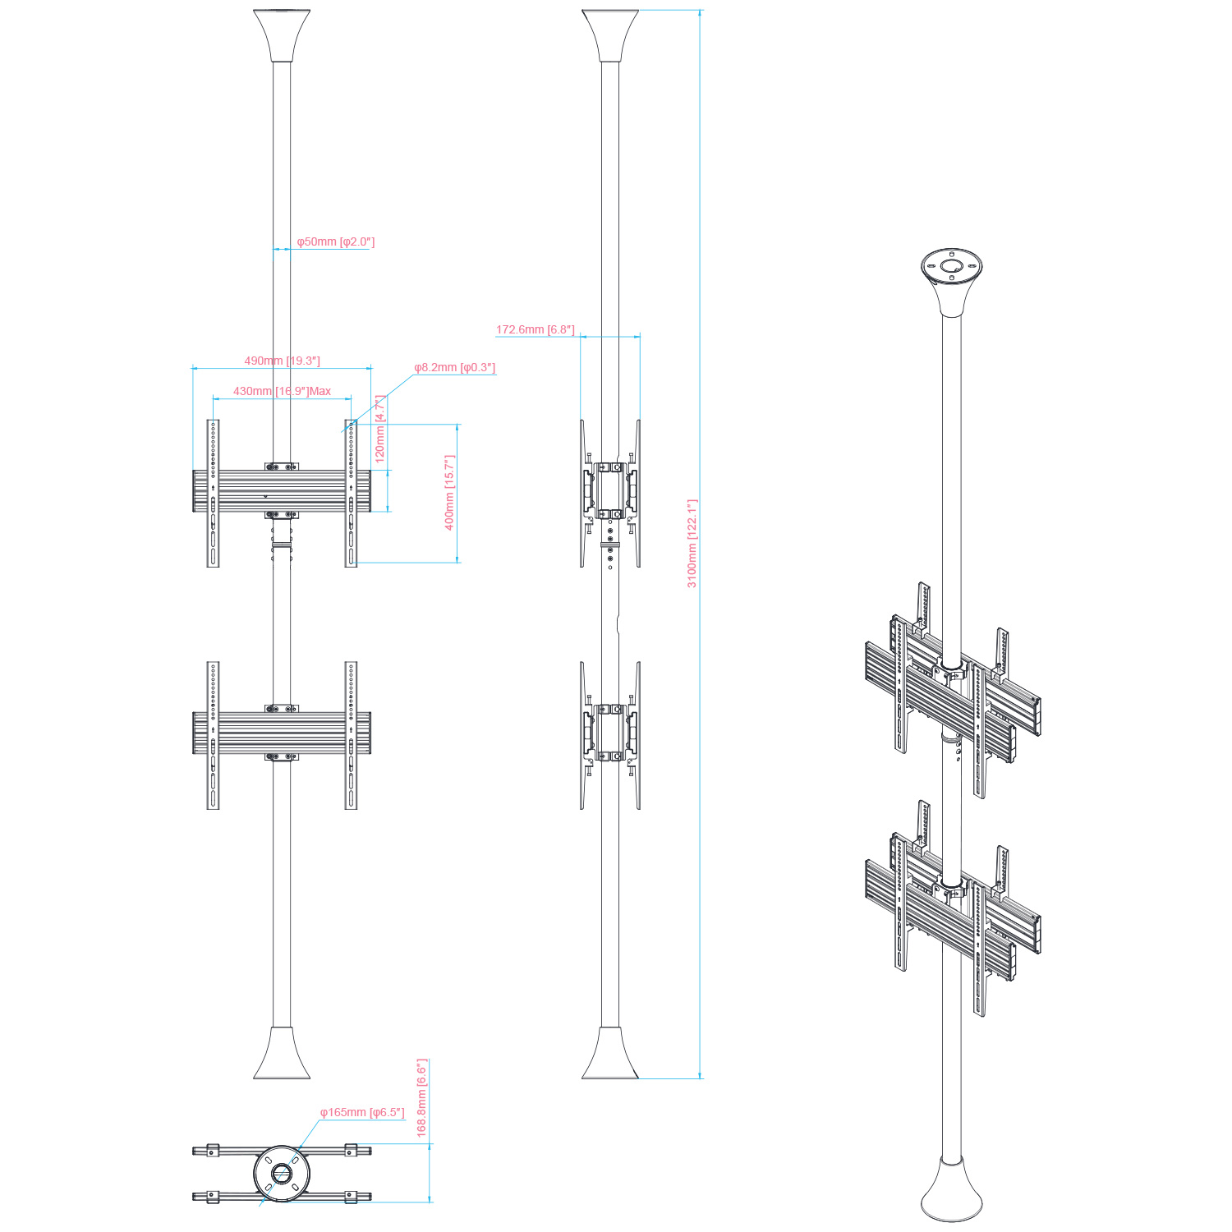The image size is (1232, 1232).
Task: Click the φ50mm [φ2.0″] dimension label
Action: [x=336, y=242]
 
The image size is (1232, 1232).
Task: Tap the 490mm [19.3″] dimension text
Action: [x=283, y=361]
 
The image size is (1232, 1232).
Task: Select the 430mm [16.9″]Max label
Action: [x=283, y=391]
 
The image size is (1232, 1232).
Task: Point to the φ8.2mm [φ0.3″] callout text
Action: [x=455, y=367]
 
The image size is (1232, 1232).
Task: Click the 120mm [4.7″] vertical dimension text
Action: [x=380, y=429]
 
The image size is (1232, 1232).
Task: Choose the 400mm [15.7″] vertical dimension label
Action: [x=449, y=493]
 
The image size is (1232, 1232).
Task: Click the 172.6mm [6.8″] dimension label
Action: [x=536, y=329]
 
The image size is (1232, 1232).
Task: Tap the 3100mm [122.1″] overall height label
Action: [x=692, y=544]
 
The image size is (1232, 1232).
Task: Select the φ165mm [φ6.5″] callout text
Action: [x=362, y=1112]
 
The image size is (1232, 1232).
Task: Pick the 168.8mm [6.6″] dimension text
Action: [x=422, y=1097]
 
